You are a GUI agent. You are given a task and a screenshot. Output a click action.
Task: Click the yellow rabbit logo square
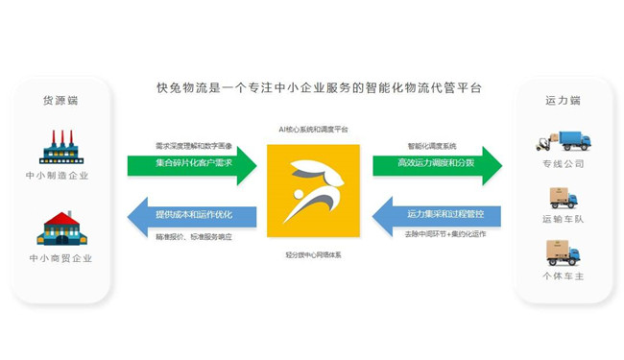click(313, 191)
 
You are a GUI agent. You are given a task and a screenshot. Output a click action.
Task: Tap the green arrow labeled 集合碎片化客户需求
click(191, 164)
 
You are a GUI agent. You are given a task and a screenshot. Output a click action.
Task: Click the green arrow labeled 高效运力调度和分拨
click(436, 164)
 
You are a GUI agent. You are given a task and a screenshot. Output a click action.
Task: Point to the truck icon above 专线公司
click(564, 141)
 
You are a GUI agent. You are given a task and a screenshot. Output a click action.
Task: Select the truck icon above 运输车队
click(564, 198)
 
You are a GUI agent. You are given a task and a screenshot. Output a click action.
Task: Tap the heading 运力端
click(564, 100)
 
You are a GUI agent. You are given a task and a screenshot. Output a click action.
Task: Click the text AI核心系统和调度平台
click(313, 129)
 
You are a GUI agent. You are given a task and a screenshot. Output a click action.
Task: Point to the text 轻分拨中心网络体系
click(313, 256)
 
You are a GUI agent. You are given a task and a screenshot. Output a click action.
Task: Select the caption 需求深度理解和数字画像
click(193, 146)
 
